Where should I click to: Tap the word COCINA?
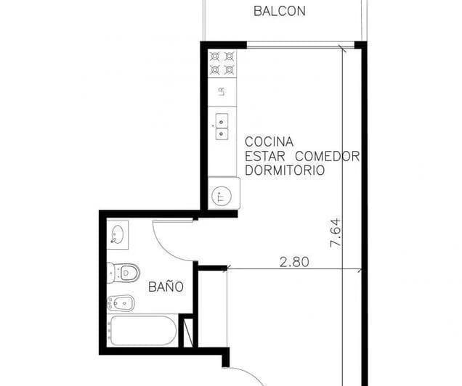[x=269, y=141]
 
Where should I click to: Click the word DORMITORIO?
[x=284, y=171]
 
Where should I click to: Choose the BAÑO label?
[x=166, y=287]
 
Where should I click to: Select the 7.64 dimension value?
[x=335, y=233]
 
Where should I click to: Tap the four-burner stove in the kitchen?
[x=222, y=62]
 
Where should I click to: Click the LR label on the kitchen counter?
[x=222, y=91]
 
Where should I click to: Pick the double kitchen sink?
[x=222, y=122]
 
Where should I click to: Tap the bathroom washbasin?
[x=118, y=234]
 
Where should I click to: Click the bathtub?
[x=142, y=332]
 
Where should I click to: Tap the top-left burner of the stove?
[x=215, y=56]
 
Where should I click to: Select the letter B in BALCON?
[x=257, y=11]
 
